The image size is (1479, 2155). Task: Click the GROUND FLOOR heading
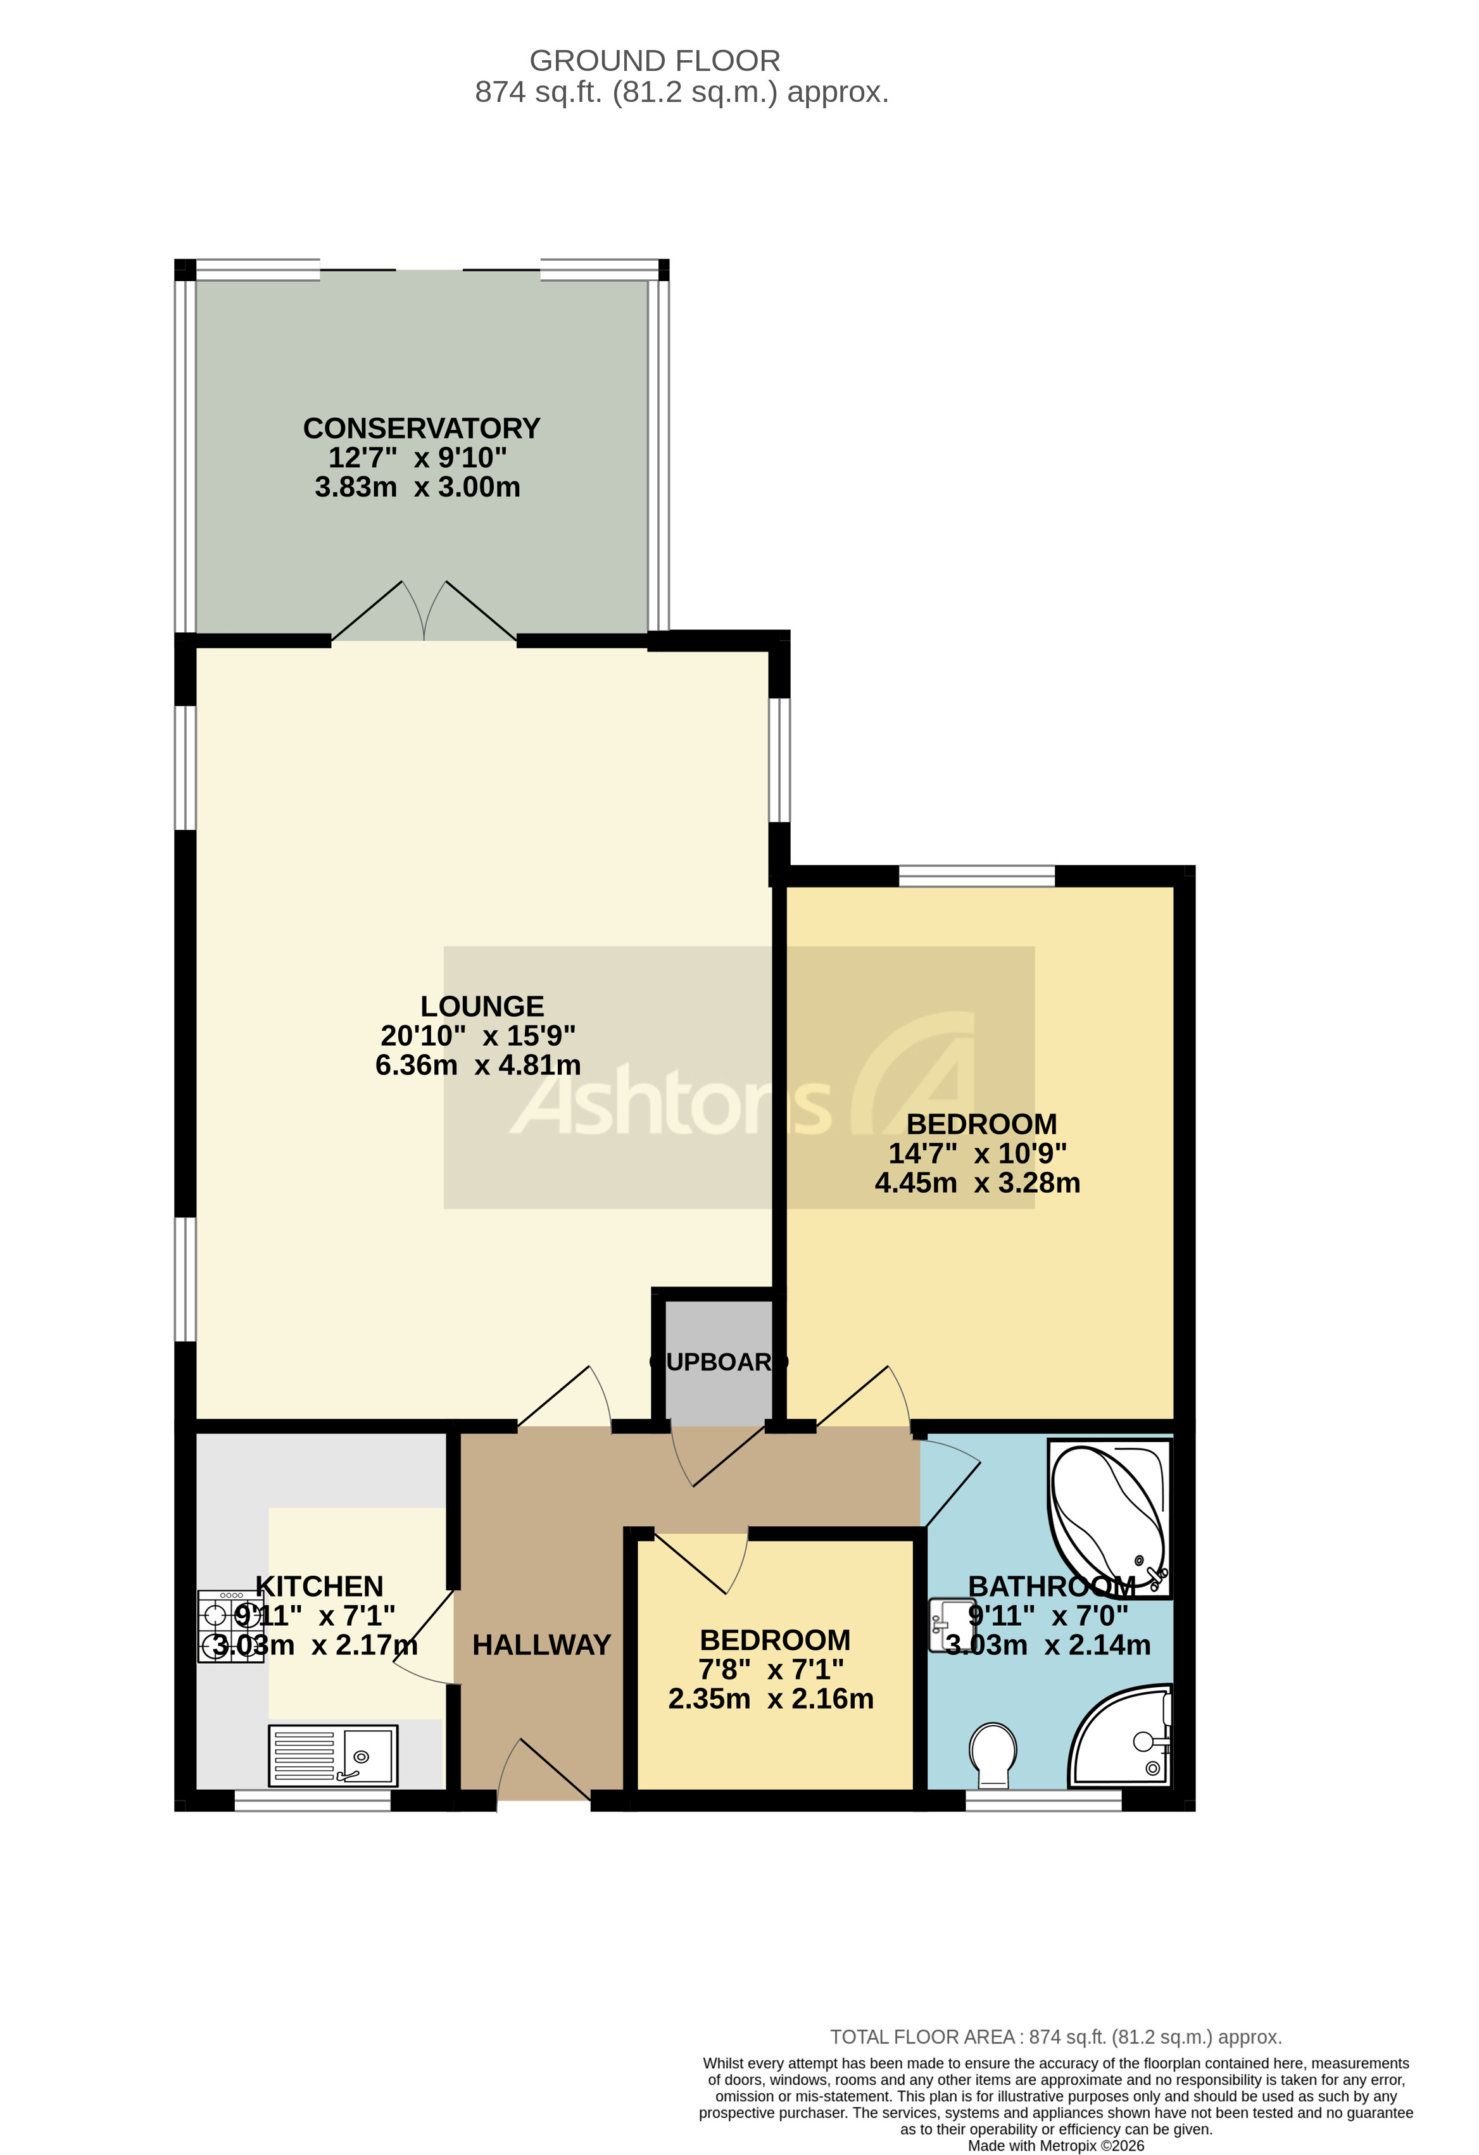[x=655, y=61]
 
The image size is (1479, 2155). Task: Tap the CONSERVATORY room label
[x=421, y=429]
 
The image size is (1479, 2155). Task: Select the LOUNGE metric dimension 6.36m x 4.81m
[x=477, y=1064]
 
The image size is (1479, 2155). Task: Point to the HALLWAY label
[x=541, y=1644]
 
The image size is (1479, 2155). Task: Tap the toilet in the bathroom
[x=993, y=1752]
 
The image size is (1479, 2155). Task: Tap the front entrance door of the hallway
[x=544, y=1772]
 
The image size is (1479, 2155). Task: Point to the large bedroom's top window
[x=976, y=876]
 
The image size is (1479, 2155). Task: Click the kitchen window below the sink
[x=313, y=1800]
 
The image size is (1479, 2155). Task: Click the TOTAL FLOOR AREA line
[x=1055, y=2037]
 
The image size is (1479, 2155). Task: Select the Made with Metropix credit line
[x=1055, y=2146]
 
